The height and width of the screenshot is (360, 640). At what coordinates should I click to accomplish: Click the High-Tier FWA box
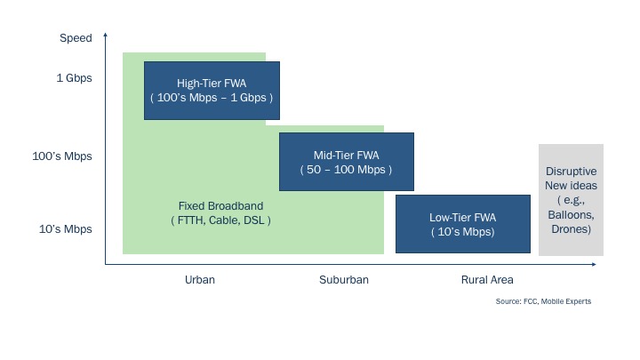(212, 91)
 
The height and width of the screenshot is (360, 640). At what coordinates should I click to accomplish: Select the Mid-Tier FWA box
(347, 162)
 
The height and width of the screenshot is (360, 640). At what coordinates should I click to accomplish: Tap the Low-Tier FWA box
(463, 224)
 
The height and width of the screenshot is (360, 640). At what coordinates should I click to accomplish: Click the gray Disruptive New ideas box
(571, 200)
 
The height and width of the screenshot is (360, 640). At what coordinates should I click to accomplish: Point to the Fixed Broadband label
(220, 205)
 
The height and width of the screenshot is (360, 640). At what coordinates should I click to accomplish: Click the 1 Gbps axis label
(75, 78)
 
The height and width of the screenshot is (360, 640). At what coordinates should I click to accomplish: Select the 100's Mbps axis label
(62, 156)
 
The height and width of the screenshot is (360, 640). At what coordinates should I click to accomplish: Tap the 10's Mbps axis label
(65, 229)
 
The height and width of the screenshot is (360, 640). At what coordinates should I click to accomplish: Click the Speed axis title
(76, 38)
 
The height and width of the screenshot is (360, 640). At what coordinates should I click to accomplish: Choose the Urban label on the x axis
(200, 280)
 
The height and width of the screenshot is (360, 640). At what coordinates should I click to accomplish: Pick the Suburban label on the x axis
(344, 280)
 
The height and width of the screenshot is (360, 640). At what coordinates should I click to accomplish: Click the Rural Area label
(487, 280)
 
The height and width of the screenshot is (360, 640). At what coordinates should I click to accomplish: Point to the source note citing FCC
(543, 301)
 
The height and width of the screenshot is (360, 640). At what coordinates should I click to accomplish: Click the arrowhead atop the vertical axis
(105, 35)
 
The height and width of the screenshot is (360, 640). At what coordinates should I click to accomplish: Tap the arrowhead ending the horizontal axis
(594, 265)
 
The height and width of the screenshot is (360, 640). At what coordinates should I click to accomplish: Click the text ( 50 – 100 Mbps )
(346, 170)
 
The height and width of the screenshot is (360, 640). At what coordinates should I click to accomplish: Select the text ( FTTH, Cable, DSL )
(220, 220)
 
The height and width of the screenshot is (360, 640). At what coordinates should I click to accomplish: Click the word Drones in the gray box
(570, 229)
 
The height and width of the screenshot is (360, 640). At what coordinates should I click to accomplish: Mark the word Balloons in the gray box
(571, 215)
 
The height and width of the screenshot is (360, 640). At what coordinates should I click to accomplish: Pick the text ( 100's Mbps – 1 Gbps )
(212, 98)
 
